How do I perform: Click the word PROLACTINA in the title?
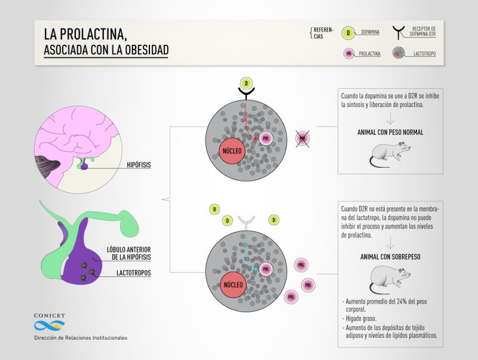point(93,34)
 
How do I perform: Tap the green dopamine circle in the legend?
point(348,33)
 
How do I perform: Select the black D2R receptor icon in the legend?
point(399,33)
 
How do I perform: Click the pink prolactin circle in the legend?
point(349,54)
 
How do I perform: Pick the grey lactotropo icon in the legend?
point(399,53)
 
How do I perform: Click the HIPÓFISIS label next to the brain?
point(139,165)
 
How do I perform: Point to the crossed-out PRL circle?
point(302,139)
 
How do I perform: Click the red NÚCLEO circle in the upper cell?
point(232,151)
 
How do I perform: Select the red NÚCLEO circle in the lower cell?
point(233,285)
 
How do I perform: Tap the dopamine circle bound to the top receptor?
point(246,84)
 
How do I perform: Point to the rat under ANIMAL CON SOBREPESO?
point(390,279)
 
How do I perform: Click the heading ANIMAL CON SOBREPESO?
point(390,257)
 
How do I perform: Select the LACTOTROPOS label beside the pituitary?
point(133,273)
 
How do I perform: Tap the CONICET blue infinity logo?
point(50,325)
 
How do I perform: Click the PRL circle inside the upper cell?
point(266,139)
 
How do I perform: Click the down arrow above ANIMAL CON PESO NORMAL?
point(391,118)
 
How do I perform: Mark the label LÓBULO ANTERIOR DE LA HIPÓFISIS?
point(128,253)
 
